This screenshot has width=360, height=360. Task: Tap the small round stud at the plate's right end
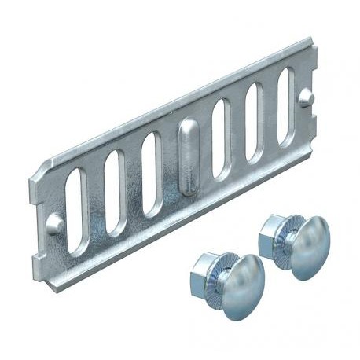pyautogui.click(x=309, y=97)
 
